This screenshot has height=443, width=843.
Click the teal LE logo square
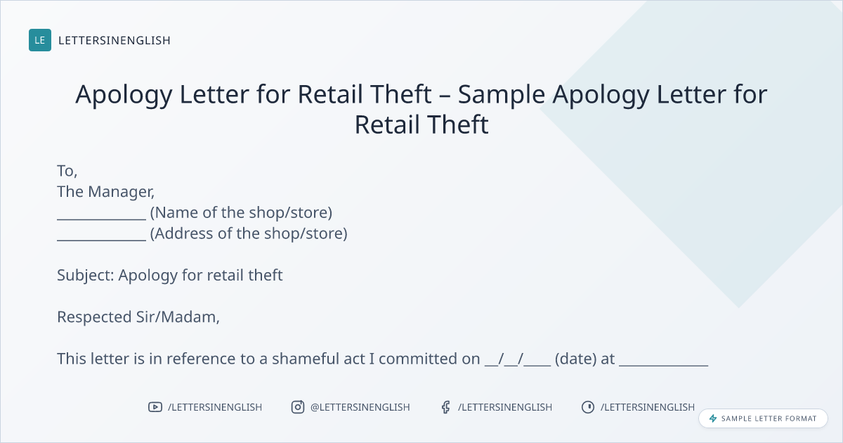(x=40, y=40)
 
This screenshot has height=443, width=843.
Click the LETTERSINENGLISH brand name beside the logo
(x=115, y=40)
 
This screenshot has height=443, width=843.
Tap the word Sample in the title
(x=502, y=94)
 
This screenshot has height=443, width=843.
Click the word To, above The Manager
(x=67, y=171)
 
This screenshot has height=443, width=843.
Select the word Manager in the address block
(x=121, y=192)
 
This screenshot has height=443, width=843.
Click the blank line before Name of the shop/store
(x=101, y=219)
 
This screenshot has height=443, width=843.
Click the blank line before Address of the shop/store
(x=101, y=240)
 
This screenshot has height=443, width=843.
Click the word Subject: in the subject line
(x=86, y=276)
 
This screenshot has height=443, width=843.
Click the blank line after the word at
(x=663, y=366)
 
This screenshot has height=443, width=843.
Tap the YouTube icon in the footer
(x=155, y=407)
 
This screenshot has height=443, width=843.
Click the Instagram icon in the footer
(x=298, y=407)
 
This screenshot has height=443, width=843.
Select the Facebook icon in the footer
(x=446, y=407)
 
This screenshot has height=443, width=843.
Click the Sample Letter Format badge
(x=763, y=418)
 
